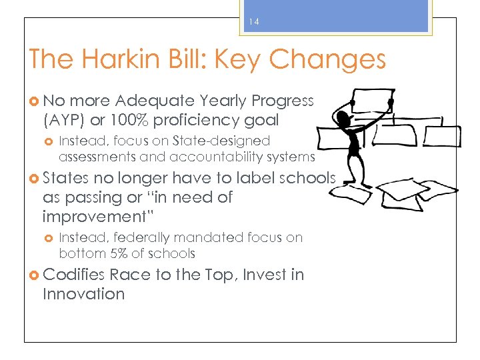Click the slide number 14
tap(254, 22)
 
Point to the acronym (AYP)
tap(64, 120)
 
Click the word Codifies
tap(73, 275)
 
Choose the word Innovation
tap(83, 294)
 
